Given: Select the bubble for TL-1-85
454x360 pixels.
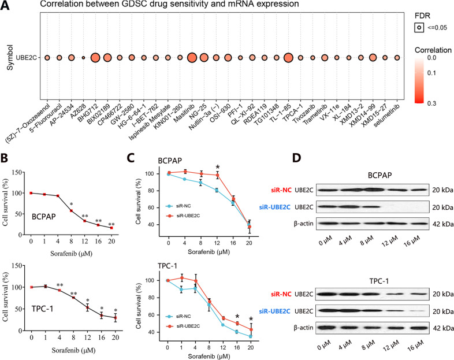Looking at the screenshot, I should [x=289, y=58].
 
